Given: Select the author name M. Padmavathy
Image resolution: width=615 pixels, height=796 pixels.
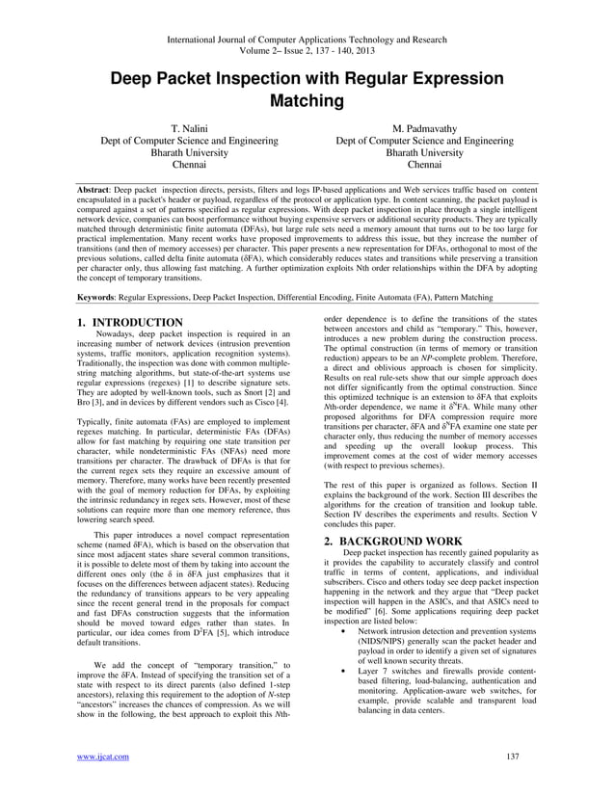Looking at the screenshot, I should click(x=424, y=127).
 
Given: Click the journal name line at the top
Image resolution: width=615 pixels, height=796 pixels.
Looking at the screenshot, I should click(x=307, y=40).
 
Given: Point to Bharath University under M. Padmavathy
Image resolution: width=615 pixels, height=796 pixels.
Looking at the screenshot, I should click(x=424, y=152).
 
